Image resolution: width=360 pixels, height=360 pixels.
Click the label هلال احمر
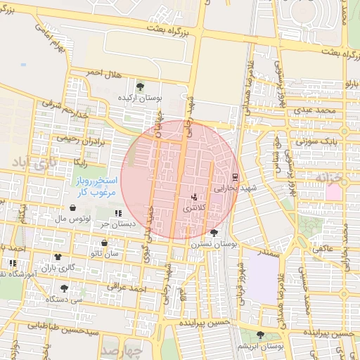coord(104,72)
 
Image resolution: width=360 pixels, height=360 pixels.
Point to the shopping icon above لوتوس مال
coord(74,208)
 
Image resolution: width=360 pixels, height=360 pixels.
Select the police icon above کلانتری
coord(194,197)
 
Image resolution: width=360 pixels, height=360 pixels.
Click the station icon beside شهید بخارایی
coord(234,176)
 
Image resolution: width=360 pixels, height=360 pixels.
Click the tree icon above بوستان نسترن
coord(214,232)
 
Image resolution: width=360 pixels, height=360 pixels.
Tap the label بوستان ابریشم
coord(261,346)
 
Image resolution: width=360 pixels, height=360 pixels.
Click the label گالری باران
coord(57,267)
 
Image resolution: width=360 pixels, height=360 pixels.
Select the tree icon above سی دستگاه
coord(64,288)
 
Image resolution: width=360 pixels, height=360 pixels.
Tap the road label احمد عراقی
coord(127,288)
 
